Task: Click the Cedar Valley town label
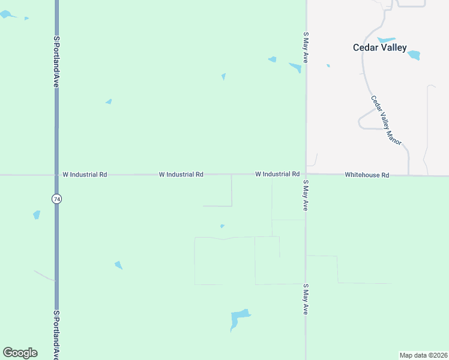tap(379, 47)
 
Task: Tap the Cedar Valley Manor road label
tap(385, 120)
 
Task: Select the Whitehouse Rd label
tap(367, 175)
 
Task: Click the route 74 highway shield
tap(56, 199)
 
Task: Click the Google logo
tap(20, 353)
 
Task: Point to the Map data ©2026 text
tap(423, 355)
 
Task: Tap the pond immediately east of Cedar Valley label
tap(414, 55)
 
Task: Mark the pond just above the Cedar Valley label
tap(386, 40)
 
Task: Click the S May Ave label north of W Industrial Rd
tap(306, 48)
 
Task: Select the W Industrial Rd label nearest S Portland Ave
tap(85, 175)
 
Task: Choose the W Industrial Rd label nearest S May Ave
tap(277, 174)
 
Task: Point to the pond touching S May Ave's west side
tap(295, 67)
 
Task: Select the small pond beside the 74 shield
tap(37, 214)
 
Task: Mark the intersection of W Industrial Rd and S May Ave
tap(306, 175)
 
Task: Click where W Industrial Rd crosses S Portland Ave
tap(56, 175)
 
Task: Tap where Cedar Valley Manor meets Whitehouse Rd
tap(409, 175)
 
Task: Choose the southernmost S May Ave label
tap(306, 300)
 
